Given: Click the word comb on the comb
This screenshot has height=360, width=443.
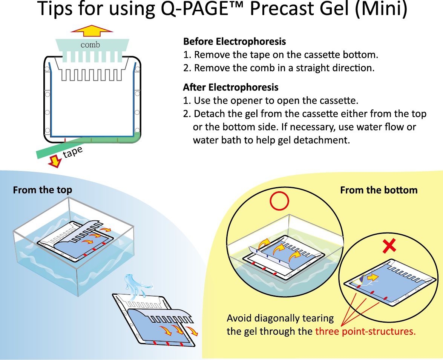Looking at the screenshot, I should [90, 45].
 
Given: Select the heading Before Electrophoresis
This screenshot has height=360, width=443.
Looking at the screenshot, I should [234, 41].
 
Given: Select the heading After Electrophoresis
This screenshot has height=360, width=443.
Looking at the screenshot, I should [230, 87].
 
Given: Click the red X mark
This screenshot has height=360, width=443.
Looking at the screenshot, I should [389, 247].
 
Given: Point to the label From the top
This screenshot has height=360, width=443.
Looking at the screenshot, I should [42, 190].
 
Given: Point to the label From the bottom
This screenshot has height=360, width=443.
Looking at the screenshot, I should [379, 190].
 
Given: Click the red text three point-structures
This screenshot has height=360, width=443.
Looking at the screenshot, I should [365, 332].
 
